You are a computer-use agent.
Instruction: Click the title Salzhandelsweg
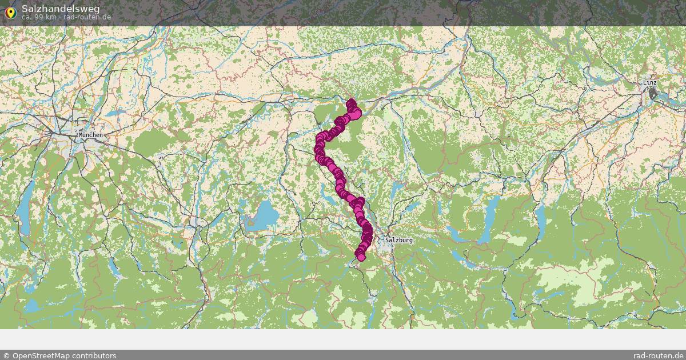point(61,8)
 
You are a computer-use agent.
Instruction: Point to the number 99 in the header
point(38,17)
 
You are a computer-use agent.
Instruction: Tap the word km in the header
point(50,17)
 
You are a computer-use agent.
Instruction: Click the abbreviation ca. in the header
point(27,17)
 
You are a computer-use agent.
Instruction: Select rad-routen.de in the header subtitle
point(87,17)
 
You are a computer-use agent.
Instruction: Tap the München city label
point(91,135)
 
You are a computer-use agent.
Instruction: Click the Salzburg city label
point(398,240)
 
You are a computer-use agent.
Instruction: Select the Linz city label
point(649,82)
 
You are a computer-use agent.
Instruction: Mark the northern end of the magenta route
point(351,103)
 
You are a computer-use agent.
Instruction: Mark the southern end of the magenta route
point(361,257)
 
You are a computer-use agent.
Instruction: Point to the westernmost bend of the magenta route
point(318,150)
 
